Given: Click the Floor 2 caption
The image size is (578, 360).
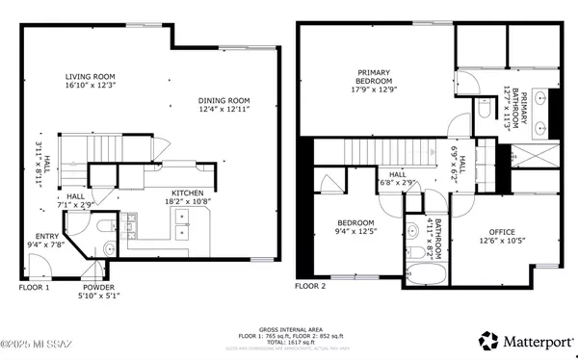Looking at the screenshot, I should point(310,286).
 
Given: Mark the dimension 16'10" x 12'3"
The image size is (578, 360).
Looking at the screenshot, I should point(92,86).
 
